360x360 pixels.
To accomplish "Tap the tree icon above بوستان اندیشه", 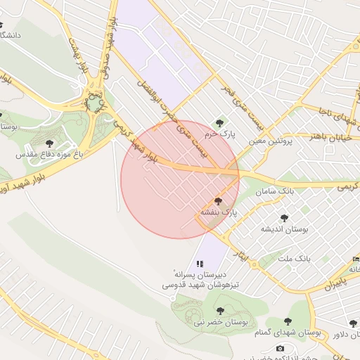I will pos(284,218).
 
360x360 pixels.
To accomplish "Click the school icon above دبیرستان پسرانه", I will pos(200,263).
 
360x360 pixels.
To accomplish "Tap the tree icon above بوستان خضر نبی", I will pos(220,310).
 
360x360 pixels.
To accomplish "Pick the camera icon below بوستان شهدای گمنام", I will pos(281,349).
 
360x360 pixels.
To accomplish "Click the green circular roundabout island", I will pos(94,103).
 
